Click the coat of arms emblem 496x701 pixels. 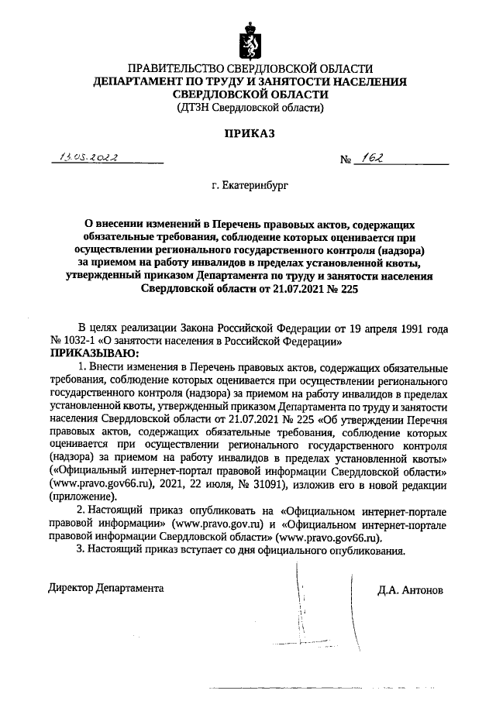coord(248,43)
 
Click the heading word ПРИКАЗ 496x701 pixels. coord(250,134)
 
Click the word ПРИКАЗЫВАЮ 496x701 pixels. coord(91,353)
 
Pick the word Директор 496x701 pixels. coord(70,588)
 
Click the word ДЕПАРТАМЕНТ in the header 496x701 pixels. coord(147,81)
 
